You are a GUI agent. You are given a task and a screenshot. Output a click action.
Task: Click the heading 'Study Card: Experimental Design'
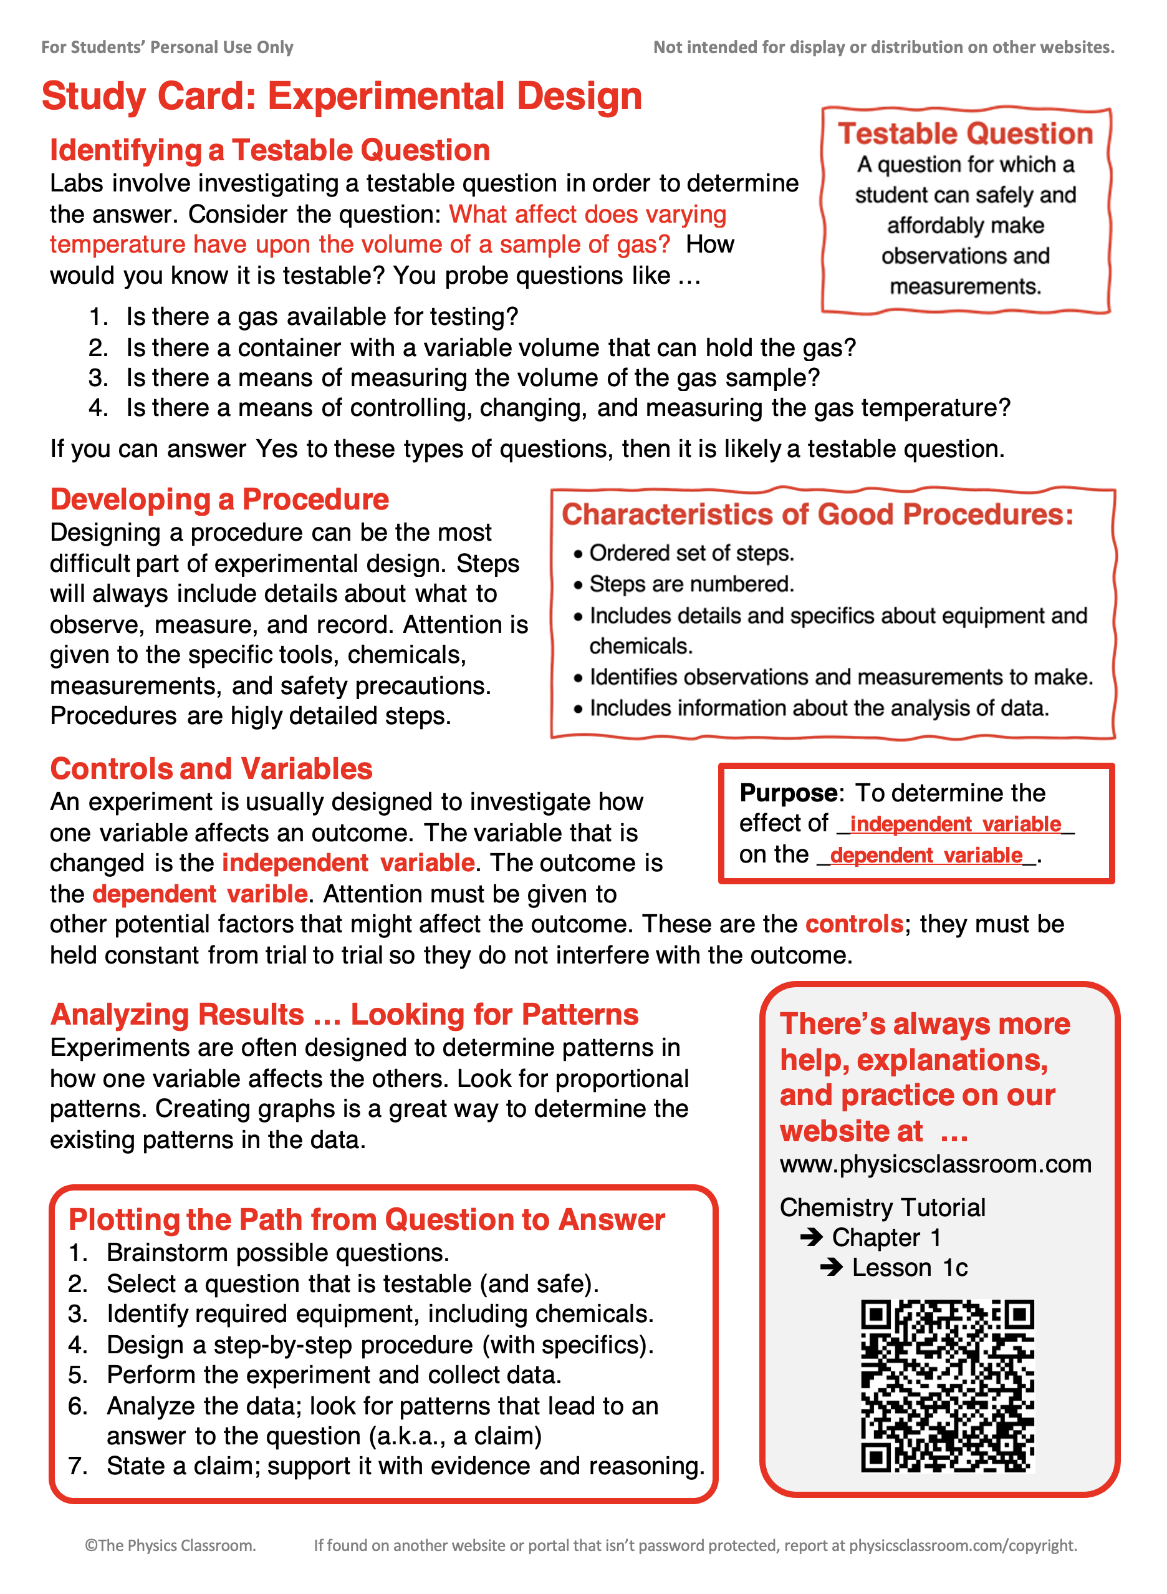point(342,96)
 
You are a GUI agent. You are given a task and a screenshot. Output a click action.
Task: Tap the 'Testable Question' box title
point(965,133)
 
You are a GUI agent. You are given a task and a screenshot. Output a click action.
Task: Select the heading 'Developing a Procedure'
point(219,500)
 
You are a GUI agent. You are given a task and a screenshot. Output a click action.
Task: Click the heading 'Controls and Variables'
point(211,769)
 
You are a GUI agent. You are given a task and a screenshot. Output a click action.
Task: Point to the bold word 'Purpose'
point(787,793)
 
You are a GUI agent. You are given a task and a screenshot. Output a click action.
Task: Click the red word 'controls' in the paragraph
point(854,924)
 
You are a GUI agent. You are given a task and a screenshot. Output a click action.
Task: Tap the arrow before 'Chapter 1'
point(812,1237)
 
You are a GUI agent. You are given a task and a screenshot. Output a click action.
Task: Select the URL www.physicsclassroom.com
point(935,1164)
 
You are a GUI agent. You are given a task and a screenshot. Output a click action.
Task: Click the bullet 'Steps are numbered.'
point(691,584)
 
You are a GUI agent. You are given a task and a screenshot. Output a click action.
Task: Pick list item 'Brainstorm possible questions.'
point(277,1253)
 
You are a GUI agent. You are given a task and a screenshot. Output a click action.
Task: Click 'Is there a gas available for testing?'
point(322,317)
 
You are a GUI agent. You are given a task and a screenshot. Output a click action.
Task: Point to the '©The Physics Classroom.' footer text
point(170,1545)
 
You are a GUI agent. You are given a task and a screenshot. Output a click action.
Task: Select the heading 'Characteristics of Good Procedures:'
point(817,514)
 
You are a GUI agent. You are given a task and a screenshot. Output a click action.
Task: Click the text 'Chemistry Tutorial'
point(882,1207)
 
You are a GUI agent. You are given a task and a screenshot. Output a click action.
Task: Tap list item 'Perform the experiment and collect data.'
point(334,1375)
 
